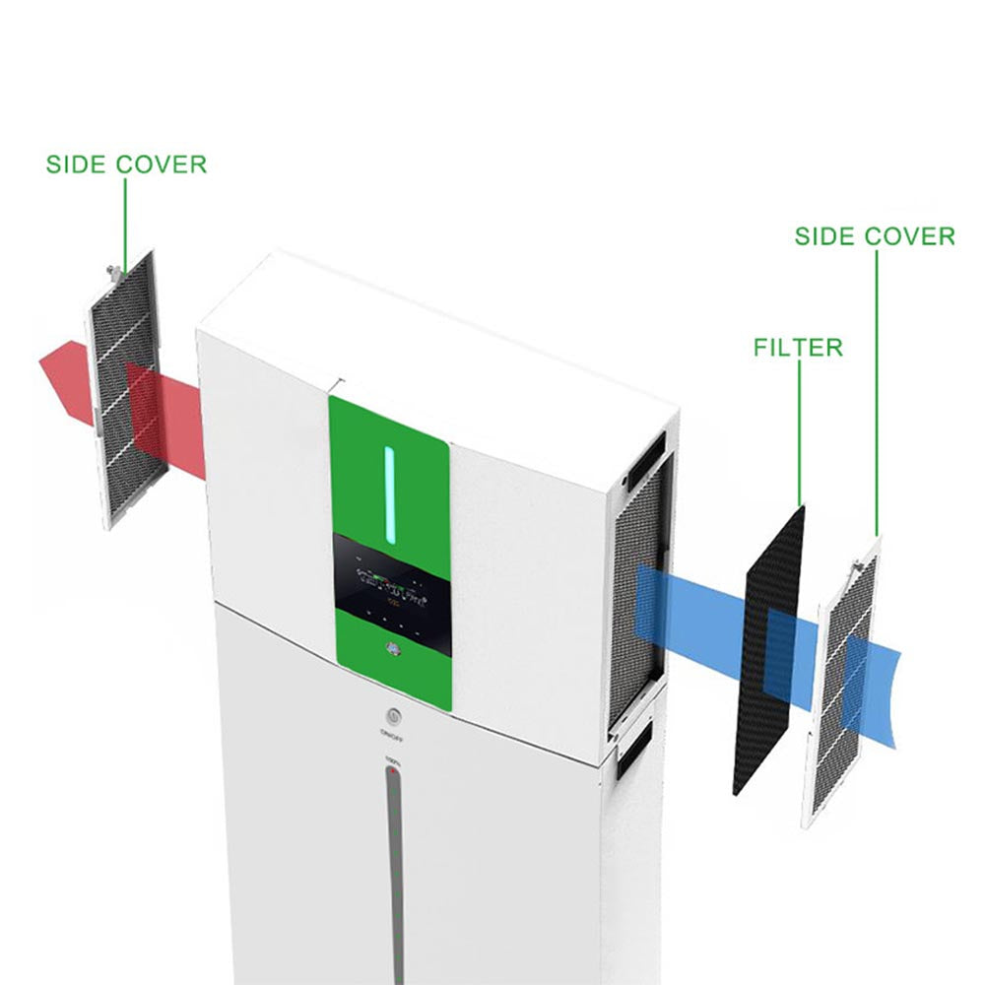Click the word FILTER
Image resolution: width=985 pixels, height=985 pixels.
(798, 348)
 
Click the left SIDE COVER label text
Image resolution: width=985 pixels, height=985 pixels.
(126, 164)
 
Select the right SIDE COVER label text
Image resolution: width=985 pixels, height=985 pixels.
(875, 236)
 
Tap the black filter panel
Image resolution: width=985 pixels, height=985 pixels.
(768, 650)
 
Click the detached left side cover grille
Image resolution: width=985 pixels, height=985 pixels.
(123, 394)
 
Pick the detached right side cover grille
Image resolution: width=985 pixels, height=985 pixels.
(842, 680)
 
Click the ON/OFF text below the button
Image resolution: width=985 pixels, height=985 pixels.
(389, 734)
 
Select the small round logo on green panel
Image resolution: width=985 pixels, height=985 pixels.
(391, 650)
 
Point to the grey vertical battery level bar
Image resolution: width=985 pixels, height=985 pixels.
(393, 867)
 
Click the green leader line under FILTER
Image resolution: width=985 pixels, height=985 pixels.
(799, 433)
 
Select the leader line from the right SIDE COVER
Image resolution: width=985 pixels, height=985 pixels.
(876, 394)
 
